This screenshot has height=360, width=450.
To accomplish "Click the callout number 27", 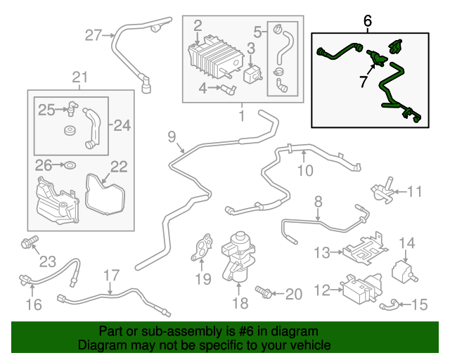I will point(94,35).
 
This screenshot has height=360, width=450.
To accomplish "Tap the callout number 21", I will point(80,77).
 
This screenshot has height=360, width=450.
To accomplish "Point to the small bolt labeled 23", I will point(28,244).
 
